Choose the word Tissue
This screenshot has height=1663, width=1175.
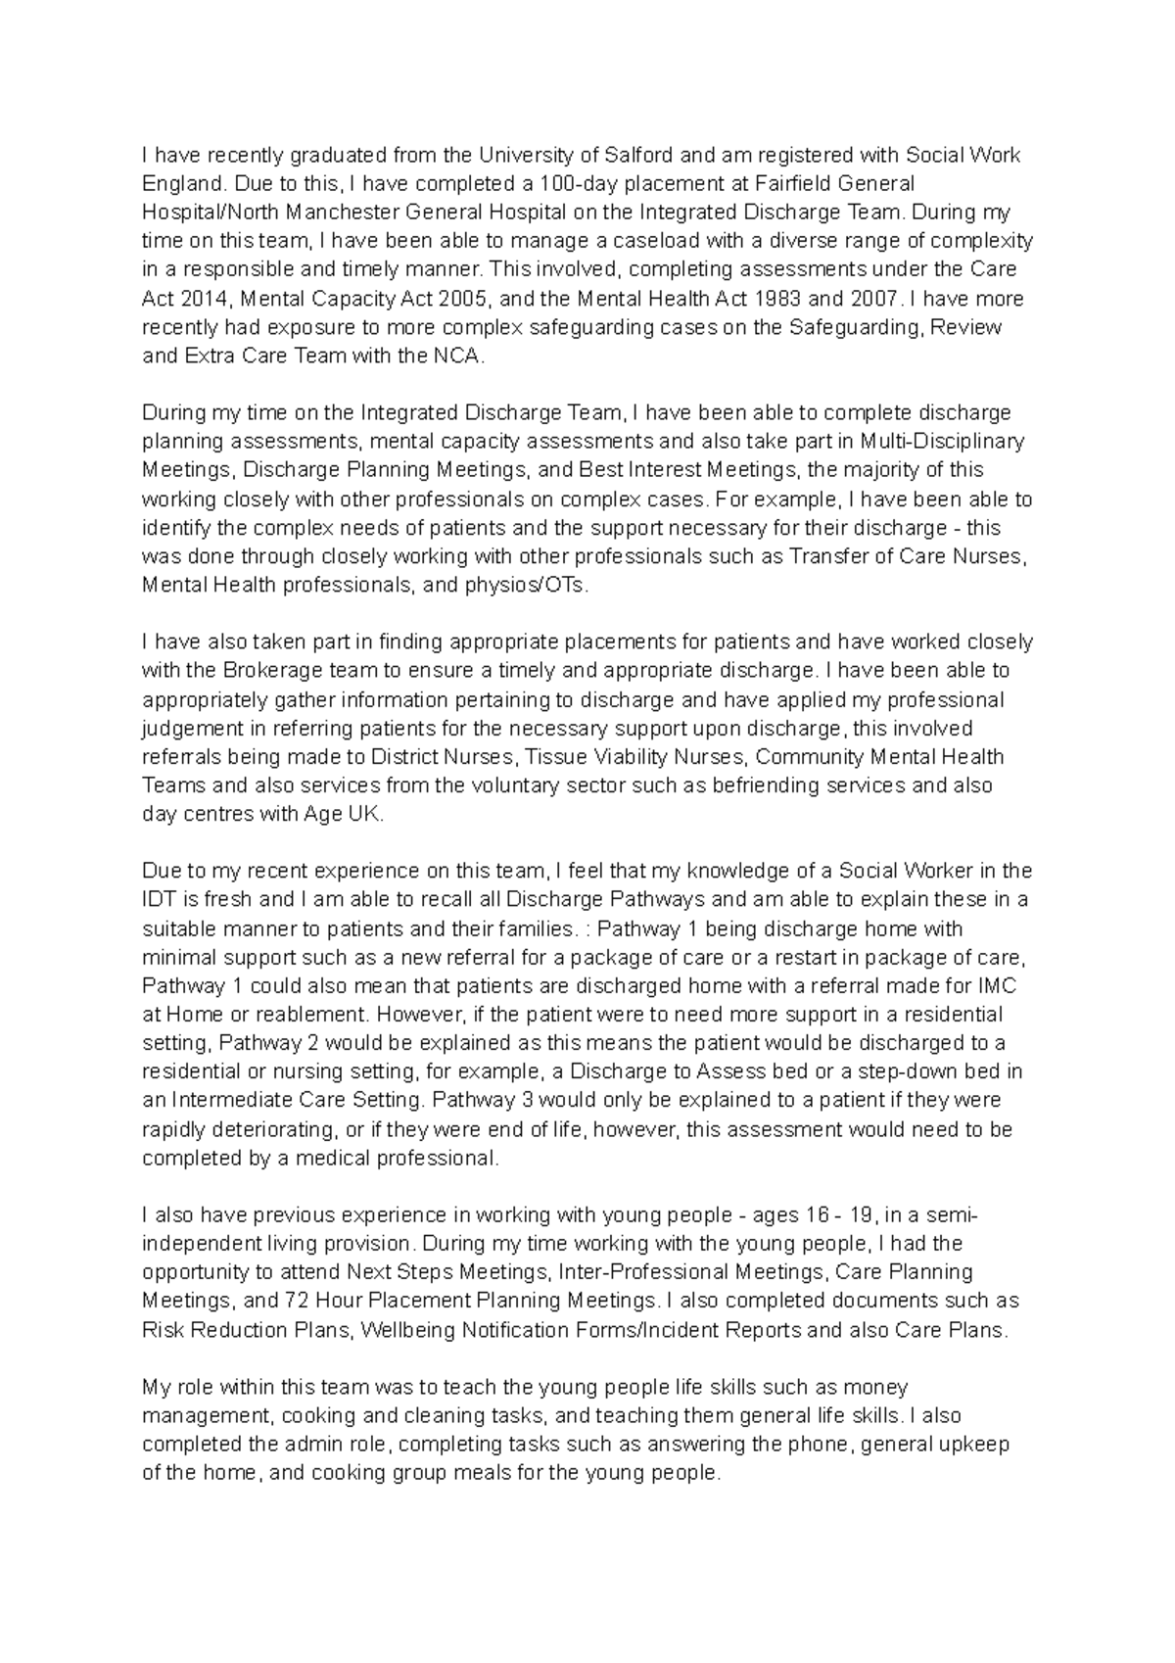(553, 757)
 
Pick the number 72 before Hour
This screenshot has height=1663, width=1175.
(297, 1301)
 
